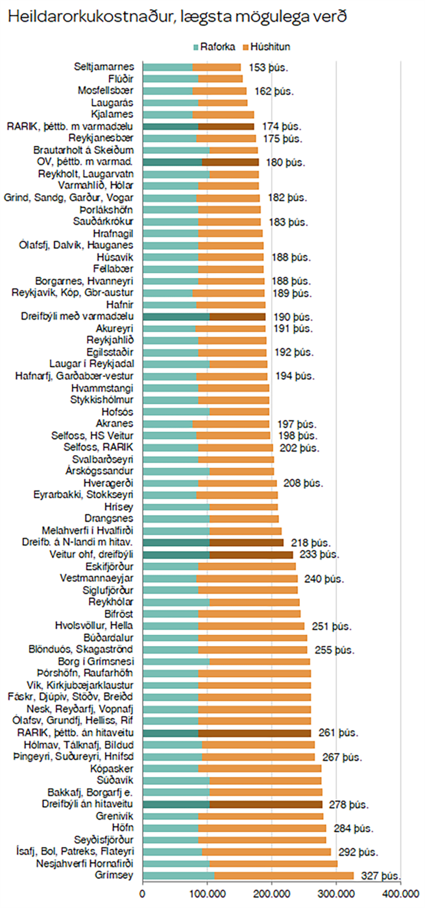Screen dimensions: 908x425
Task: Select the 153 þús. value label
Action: point(266,67)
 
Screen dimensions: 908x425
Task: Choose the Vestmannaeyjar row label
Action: point(97,579)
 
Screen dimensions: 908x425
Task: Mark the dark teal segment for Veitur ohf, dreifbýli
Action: point(176,555)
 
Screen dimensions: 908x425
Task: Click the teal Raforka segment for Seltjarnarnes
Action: point(167,67)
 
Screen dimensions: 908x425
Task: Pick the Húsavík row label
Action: point(116,257)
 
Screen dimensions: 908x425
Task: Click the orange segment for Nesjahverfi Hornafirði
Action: point(273,864)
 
